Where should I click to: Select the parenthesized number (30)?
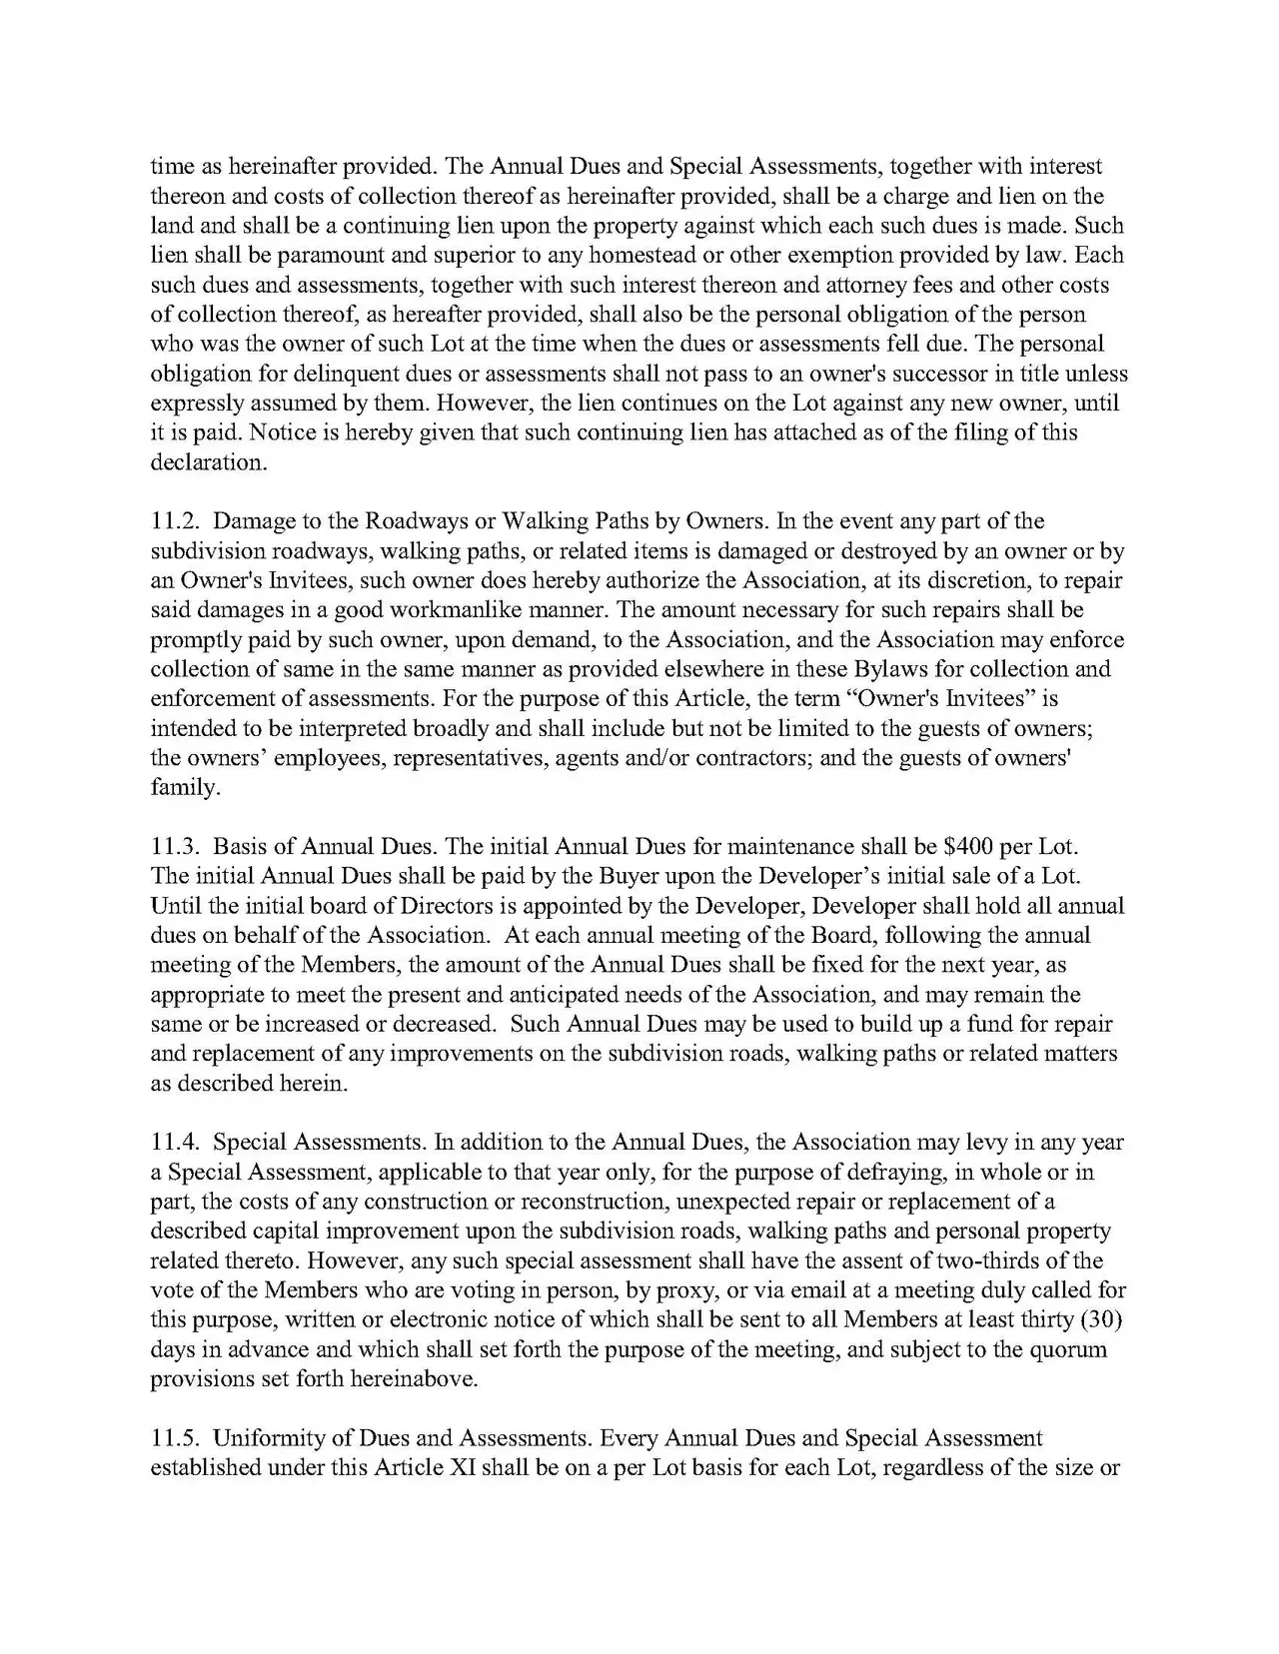pos(1104,1319)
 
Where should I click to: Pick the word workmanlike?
pos(468,610)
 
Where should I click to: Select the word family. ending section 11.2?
pos(184,788)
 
